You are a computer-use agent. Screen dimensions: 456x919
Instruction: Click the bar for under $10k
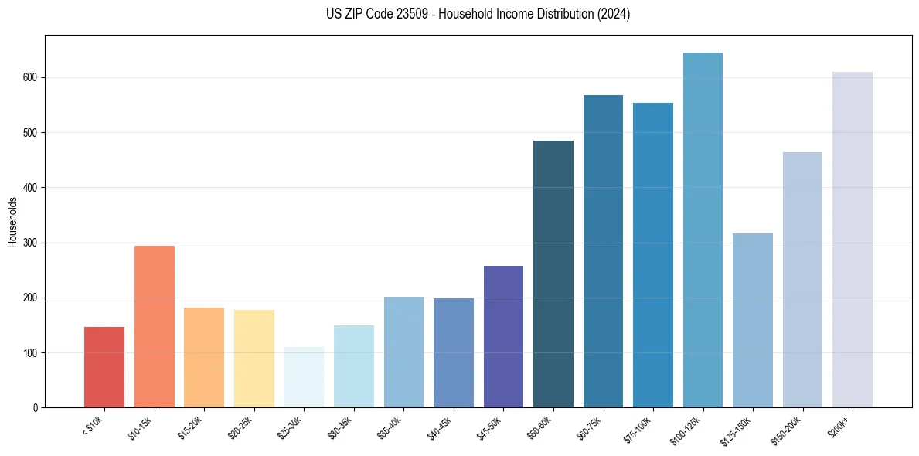point(104,367)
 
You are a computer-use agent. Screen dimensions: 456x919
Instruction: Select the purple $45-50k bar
point(503,336)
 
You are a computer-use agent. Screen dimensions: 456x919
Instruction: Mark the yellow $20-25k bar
point(254,359)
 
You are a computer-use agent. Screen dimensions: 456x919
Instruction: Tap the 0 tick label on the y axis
point(36,408)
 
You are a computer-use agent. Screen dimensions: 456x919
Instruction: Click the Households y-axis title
point(12,222)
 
